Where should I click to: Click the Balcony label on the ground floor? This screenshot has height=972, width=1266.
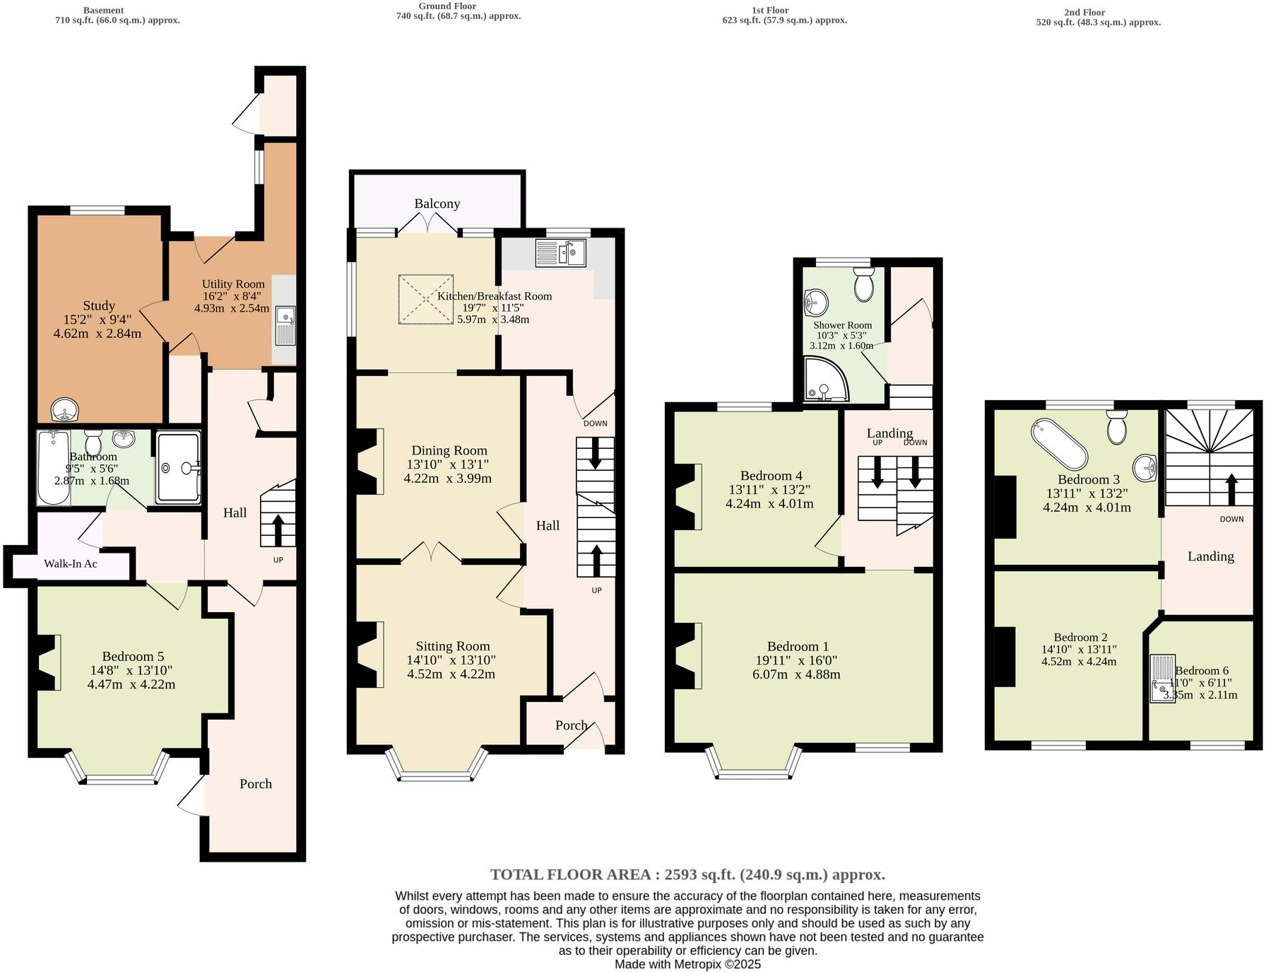[x=437, y=204]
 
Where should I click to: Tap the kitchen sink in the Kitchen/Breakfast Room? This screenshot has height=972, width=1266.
[x=560, y=252]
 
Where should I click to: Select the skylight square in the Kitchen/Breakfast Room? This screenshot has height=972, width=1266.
[x=426, y=300]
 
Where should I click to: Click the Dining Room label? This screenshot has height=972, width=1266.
[x=449, y=450]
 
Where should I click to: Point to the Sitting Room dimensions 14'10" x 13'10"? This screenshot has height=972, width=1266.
[x=451, y=660]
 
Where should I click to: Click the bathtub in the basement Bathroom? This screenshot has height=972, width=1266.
[x=53, y=467]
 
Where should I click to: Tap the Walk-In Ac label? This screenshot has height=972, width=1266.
[x=71, y=563]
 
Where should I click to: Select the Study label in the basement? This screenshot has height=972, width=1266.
[x=99, y=305]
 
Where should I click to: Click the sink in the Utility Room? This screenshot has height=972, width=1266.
[x=285, y=325]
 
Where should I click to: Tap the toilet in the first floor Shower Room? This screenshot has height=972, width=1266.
[x=863, y=284]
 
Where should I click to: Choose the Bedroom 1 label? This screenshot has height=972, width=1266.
[x=798, y=646]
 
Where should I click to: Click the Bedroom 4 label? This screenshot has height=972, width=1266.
[x=771, y=476]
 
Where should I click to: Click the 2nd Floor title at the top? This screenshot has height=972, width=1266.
[x=1084, y=12]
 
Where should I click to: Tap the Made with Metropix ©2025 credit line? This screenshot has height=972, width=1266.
[x=687, y=964]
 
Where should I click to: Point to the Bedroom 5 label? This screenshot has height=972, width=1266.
[x=133, y=656]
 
